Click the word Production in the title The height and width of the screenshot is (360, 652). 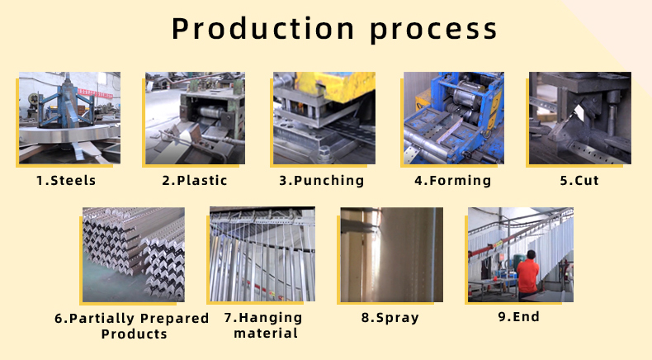[262, 28]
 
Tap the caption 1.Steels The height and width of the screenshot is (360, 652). [66, 180]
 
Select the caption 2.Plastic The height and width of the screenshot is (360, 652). [195, 180]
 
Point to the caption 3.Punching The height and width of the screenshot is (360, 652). [321, 181]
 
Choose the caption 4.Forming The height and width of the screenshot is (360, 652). [453, 181]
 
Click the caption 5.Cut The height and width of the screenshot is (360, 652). [579, 180]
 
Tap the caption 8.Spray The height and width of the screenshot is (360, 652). [390, 318]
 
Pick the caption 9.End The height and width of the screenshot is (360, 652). [519, 317]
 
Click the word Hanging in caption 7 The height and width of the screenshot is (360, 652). [271, 318]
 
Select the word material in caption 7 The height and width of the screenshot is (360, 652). [266, 334]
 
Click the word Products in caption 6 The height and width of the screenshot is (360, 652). [134, 334]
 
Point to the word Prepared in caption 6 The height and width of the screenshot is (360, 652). [175, 319]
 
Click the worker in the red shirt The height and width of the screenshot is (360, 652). [527, 274]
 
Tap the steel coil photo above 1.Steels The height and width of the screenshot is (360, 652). [70, 118]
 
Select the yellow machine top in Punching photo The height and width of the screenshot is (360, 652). [335, 86]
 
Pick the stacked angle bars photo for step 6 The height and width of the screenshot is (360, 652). [134, 254]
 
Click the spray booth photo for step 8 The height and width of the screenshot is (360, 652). [392, 254]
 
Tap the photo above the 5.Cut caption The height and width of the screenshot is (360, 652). [580, 118]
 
